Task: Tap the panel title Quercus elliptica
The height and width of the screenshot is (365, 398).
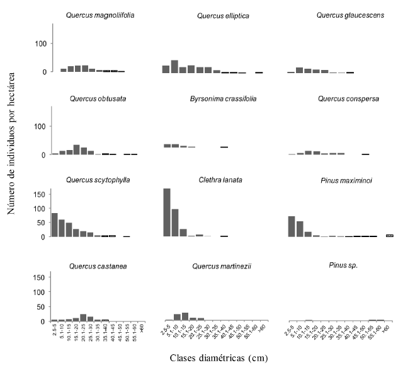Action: [215, 14]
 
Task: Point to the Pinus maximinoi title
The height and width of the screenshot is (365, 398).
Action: [329, 181]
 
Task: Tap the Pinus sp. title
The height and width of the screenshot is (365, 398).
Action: [329, 266]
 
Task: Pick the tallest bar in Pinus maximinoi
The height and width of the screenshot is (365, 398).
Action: [292, 226]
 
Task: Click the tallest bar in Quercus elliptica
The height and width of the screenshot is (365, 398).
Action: [174, 66]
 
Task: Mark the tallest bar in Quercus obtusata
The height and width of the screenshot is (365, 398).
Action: [76, 149]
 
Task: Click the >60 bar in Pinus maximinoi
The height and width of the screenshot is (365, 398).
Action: [390, 236]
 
